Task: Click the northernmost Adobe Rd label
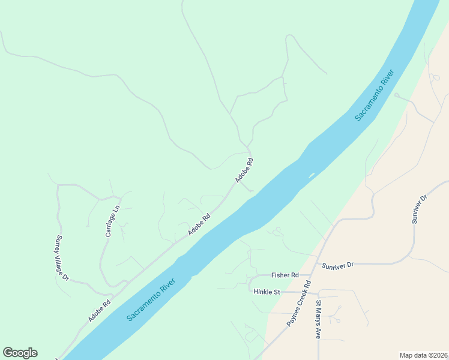point(244,170)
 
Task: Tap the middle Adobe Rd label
point(199,224)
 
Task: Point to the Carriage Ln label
point(113,221)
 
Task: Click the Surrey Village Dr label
point(63,258)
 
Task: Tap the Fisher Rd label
point(285,275)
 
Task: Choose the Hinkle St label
point(267,292)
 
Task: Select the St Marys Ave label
point(319,319)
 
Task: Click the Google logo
point(20,353)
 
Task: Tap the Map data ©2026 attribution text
point(423,355)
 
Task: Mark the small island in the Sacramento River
point(311,176)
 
